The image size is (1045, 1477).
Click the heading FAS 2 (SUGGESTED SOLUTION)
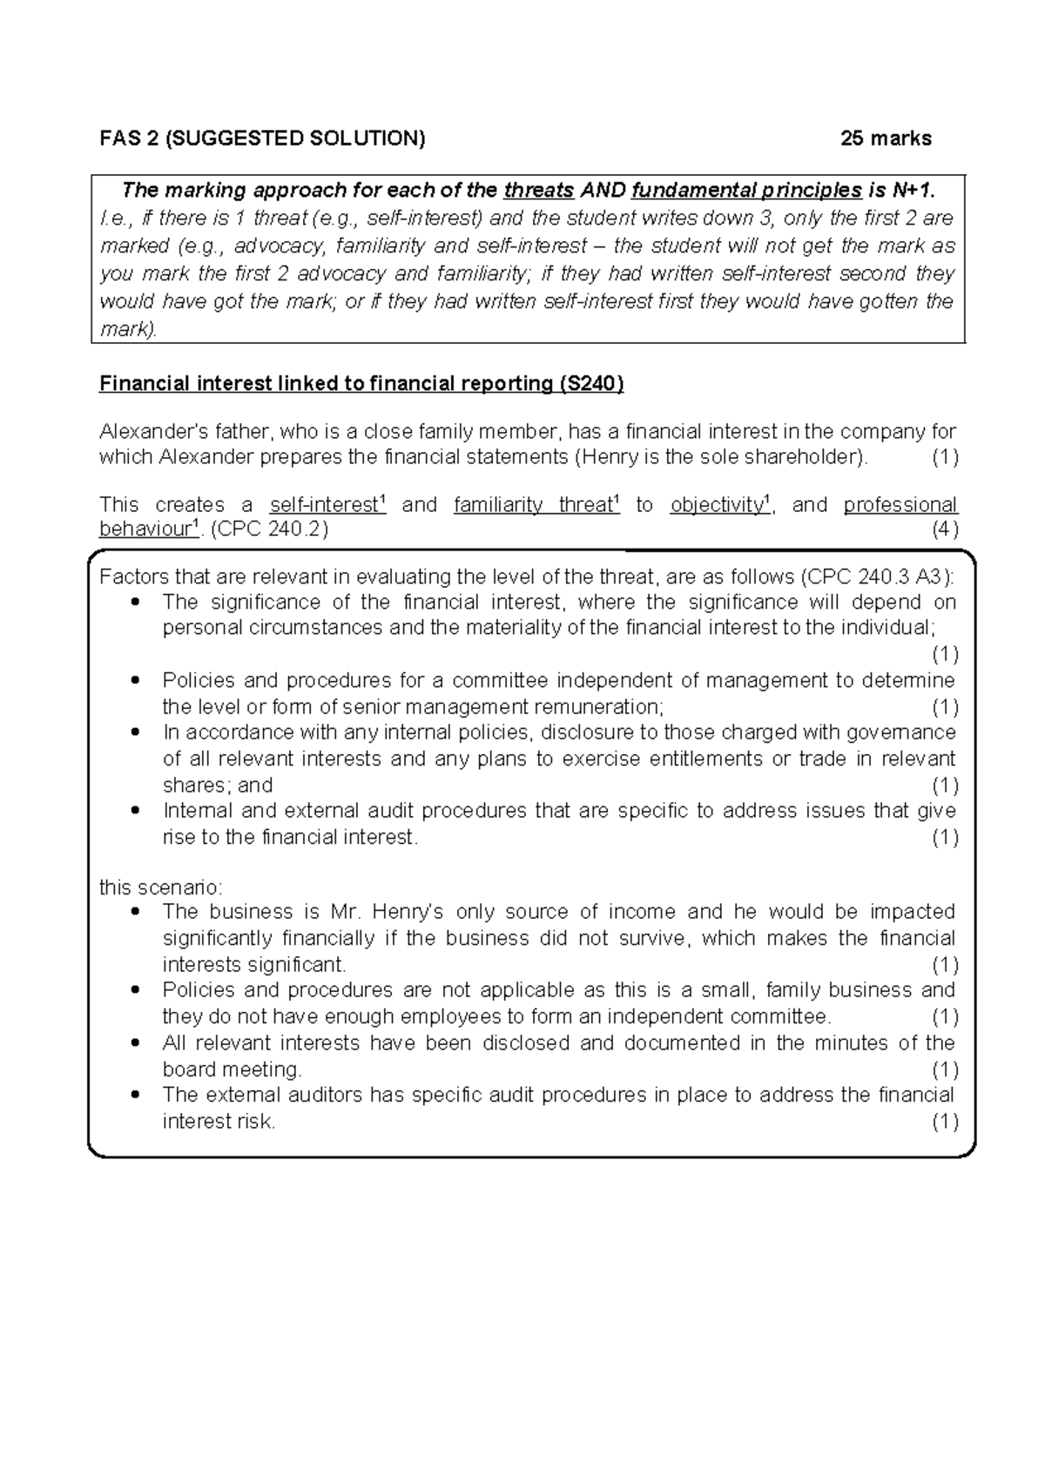coord(262,138)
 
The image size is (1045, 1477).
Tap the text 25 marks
coord(886,138)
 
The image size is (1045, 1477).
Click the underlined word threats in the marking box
coord(539,190)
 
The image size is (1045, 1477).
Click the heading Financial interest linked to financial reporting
coord(361,384)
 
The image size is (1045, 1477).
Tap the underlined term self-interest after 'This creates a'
coord(327,505)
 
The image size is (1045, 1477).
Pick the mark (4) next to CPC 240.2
coord(944,529)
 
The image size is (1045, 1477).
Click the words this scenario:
coord(161,887)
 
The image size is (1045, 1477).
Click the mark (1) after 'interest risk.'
coord(944,1122)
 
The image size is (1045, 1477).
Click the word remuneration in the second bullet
coord(597,706)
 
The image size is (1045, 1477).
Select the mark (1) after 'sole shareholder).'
coord(944,457)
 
